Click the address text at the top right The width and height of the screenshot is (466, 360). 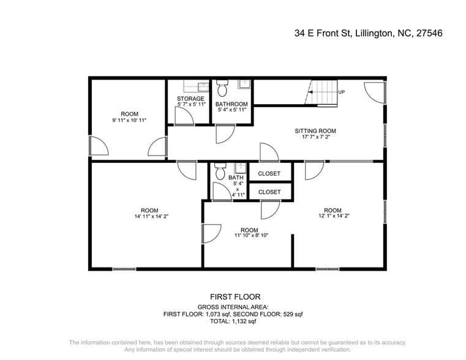click(368, 33)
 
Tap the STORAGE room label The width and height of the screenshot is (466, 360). click(190, 99)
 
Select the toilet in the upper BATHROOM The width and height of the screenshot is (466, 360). click(222, 89)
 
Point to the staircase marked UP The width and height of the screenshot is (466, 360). click(322, 94)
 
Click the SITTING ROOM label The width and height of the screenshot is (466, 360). click(315, 131)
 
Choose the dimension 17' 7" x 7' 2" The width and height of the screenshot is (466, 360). click(315, 138)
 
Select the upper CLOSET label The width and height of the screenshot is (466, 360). click(269, 174)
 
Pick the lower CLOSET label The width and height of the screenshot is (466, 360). click(269, 192)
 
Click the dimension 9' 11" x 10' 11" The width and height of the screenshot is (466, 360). click(129, 121)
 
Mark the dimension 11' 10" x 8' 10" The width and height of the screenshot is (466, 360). click(251, 235)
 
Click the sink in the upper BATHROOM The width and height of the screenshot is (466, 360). click(243, 84)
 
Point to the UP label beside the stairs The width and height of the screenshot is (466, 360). click(342, 92)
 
